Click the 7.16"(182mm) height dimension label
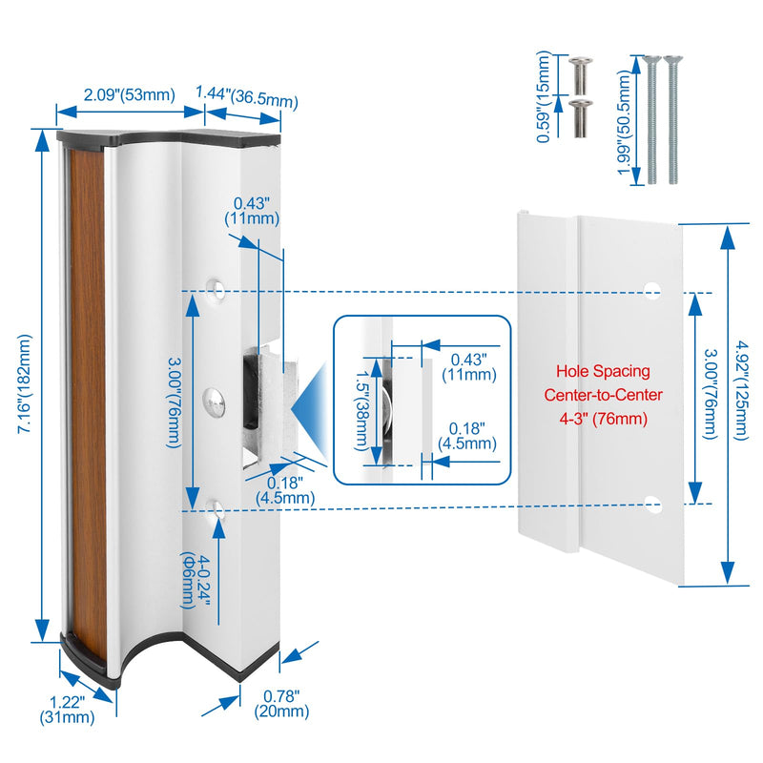coord(25,383)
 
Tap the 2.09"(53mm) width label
coord(130,94)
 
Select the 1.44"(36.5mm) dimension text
coord(247,96)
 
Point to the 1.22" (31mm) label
coord(67,709)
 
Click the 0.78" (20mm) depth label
coord(281,704)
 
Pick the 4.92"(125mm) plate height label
coord(742,390)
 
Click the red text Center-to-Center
coord(603,395)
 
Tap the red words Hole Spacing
coord(603,371)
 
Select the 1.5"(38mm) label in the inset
coord(361,411)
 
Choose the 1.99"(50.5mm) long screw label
coord(624,122)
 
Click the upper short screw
coord(580,75)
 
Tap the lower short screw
coord(580,118)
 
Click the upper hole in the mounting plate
coord(652,289)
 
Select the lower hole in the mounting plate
coord(652,505)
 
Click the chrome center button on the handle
coord(213,402)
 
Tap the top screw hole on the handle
coord(216,291)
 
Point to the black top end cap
coord(169,138)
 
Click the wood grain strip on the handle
coord(89,402)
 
